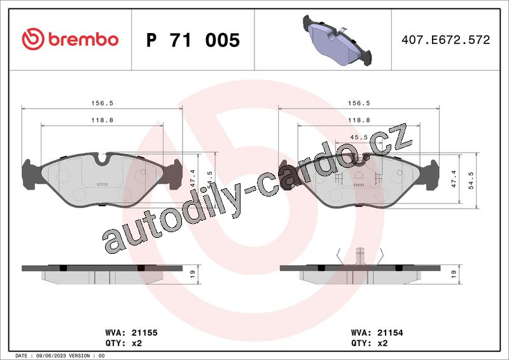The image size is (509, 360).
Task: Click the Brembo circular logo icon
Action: (33, 39)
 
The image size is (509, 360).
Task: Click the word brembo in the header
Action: (83, 39)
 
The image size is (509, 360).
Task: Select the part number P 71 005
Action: (193, 40)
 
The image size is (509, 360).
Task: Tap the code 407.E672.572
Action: (446, 39)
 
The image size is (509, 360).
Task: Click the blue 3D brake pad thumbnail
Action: (337, 40)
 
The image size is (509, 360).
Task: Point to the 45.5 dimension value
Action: (359, 137)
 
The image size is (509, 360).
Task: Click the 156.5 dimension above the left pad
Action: (102, 103)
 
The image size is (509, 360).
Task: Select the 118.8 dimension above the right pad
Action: (359, 120)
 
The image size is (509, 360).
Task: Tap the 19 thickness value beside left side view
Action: (193, 273)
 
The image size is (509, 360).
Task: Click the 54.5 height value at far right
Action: (471, 181)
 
